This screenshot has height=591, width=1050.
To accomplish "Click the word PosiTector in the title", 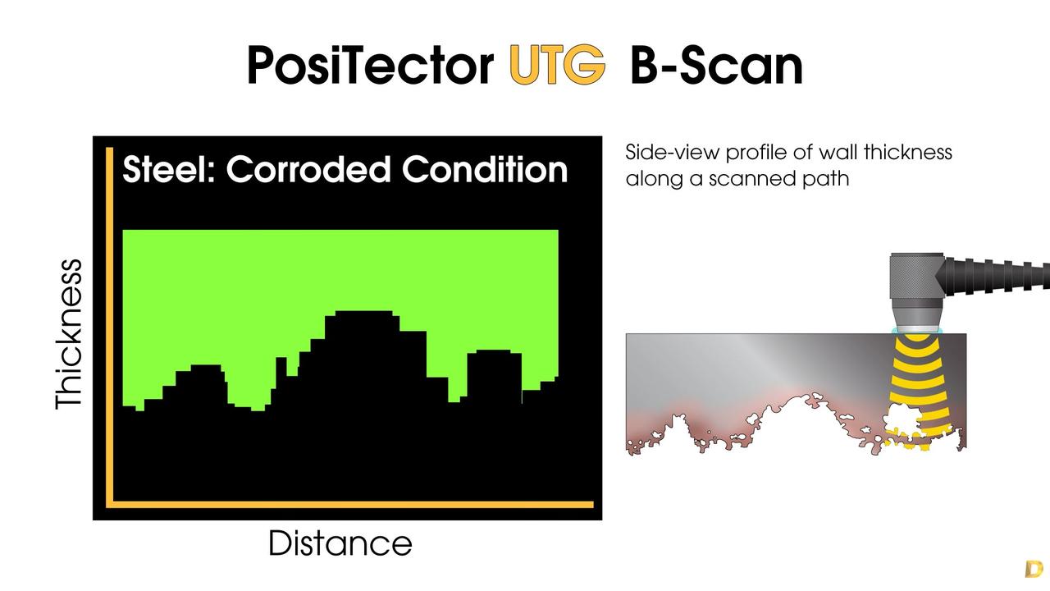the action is click(x=370, y=66).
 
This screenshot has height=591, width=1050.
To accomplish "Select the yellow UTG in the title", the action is click(x=557, y=65).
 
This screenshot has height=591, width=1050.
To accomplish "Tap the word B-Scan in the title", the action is click(x=717, y=65).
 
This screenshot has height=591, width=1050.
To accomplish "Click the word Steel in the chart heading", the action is click(x=169, y=169).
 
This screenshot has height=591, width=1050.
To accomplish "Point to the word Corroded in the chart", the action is click(x=308, y=169).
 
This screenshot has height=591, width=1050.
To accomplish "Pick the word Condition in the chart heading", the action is click(x=485, y=169).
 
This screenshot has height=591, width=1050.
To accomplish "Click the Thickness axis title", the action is click(x=70, y=334).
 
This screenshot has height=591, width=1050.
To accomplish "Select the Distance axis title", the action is click(x=340, y=543).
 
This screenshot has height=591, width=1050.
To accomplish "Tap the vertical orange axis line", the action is click(x=110, y=327).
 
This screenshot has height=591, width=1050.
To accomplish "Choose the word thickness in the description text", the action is click(x=908, y=152).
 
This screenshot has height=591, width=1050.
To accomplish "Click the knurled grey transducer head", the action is click(x=917, y=276).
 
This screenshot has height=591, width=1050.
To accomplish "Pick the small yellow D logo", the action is click(x=1034, y=569).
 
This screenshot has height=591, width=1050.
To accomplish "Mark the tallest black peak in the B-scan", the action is click(x=364, y=313).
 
